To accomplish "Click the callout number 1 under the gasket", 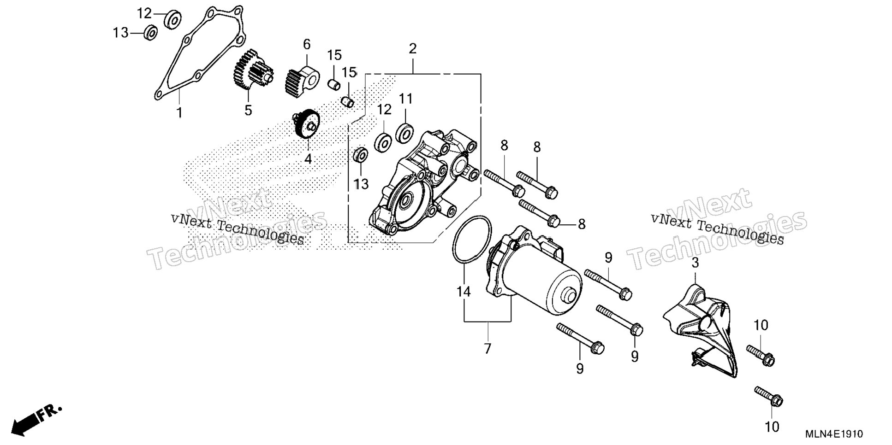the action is [179, 112].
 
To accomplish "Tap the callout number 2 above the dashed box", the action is [412, 48].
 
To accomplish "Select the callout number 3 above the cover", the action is [695, 263].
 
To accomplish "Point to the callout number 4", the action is [308, 159].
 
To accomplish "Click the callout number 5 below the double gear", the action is [248, 111].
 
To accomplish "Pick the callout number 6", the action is [307, 45].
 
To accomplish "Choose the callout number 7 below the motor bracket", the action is [488, 349].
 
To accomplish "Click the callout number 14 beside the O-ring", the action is [464, 292].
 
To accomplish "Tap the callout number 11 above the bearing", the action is [406, 99].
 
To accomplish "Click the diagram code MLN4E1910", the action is [834, 434].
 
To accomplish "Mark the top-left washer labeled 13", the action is [151, 33].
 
